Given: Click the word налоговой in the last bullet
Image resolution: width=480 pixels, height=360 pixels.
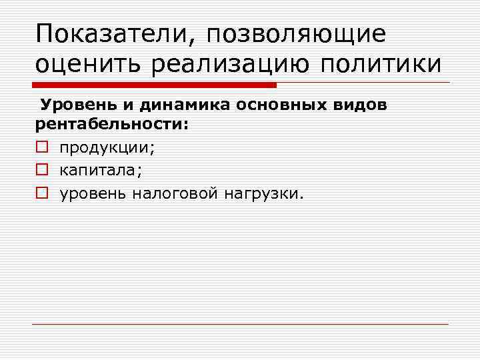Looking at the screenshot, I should pyautogui.click(x=175, y=193).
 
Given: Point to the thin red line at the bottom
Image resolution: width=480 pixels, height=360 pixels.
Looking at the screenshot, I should pyautogui.click(x=240, y=325).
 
